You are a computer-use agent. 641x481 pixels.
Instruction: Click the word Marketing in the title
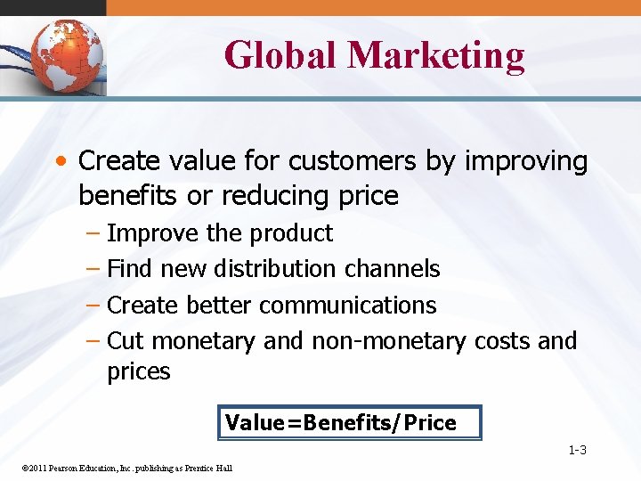pos(436,54)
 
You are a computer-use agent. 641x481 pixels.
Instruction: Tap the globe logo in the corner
pos(67,55)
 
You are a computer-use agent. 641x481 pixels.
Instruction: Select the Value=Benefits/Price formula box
pos(349,423)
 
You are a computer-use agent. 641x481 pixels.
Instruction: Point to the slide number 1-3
pos(577,451)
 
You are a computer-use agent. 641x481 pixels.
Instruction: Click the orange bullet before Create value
pos(61,162)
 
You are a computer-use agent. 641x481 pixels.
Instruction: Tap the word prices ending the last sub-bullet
pos(138,371)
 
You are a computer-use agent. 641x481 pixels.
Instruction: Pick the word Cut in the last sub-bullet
pos(125,340)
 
